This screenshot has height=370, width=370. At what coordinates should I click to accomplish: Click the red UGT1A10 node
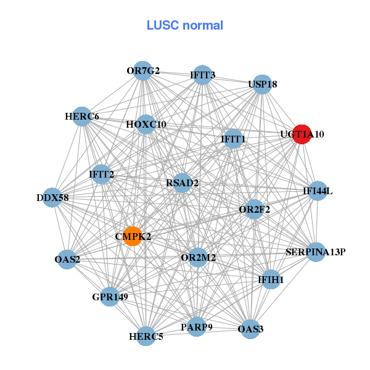[x=302, y=134]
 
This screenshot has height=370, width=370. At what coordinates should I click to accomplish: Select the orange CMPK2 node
[x=133, y=236]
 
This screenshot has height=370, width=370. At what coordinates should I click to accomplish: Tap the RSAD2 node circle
[x=182, y=183]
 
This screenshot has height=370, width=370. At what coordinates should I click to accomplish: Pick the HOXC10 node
[x=146, y=125]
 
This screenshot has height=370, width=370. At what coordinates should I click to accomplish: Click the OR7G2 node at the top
[x=143, y=71]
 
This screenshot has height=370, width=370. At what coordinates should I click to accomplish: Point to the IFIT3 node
[x=202, y=75]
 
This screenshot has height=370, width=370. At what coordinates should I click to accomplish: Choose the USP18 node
[x=263, y=84]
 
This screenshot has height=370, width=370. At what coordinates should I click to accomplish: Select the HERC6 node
[x=82, y=117]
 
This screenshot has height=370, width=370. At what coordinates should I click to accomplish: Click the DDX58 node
[x=53, y=198]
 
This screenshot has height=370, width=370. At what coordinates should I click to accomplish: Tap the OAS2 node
[x=67, y=259]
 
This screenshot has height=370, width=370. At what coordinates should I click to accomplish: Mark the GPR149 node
[x=110, y=297]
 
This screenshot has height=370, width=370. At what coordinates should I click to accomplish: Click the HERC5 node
[x=146, y=337]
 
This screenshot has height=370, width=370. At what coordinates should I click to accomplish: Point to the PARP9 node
[x=196, y=327]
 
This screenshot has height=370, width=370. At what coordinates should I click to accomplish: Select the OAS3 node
[x=250, y=329]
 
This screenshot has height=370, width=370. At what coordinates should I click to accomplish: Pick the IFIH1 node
[x=271, y=280]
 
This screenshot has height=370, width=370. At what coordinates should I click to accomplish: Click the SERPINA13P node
[x=315, y=252]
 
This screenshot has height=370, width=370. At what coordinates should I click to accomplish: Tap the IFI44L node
[x=318, y=191]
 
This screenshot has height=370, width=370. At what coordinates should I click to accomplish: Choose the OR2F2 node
[x=254, y=209]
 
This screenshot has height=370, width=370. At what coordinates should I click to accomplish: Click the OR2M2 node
[x=198, y=257]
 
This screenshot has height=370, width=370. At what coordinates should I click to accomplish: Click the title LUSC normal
[x=185, y=25]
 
